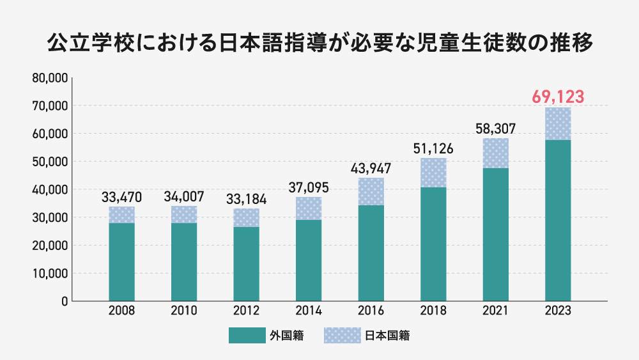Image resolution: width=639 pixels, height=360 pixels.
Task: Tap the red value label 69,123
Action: click(x=557, y=97)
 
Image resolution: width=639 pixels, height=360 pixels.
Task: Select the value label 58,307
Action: click(x=495, y=128)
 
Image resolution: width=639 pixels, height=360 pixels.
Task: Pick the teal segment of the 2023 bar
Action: click(x=557, y=220)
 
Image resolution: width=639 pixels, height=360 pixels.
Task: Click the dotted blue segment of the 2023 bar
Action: click(x=557, y=123)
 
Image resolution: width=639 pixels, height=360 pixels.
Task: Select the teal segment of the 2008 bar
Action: click(x=121, y=262)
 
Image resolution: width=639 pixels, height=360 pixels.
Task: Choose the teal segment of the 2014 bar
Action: click(x=309, y=260)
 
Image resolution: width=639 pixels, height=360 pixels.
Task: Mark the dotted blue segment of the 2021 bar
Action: click(x=495, y=153)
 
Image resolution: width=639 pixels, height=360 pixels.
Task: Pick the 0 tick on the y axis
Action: click(x=65, y=301)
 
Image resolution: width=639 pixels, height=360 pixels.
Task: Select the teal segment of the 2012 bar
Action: click(x=246, y=263)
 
